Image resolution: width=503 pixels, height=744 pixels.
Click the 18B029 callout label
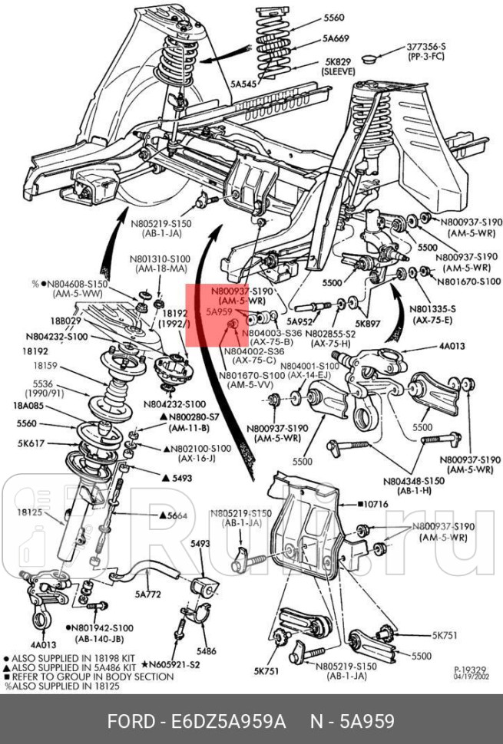(x=65, y=320)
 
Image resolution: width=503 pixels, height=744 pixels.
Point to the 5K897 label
(x=369, y=323)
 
